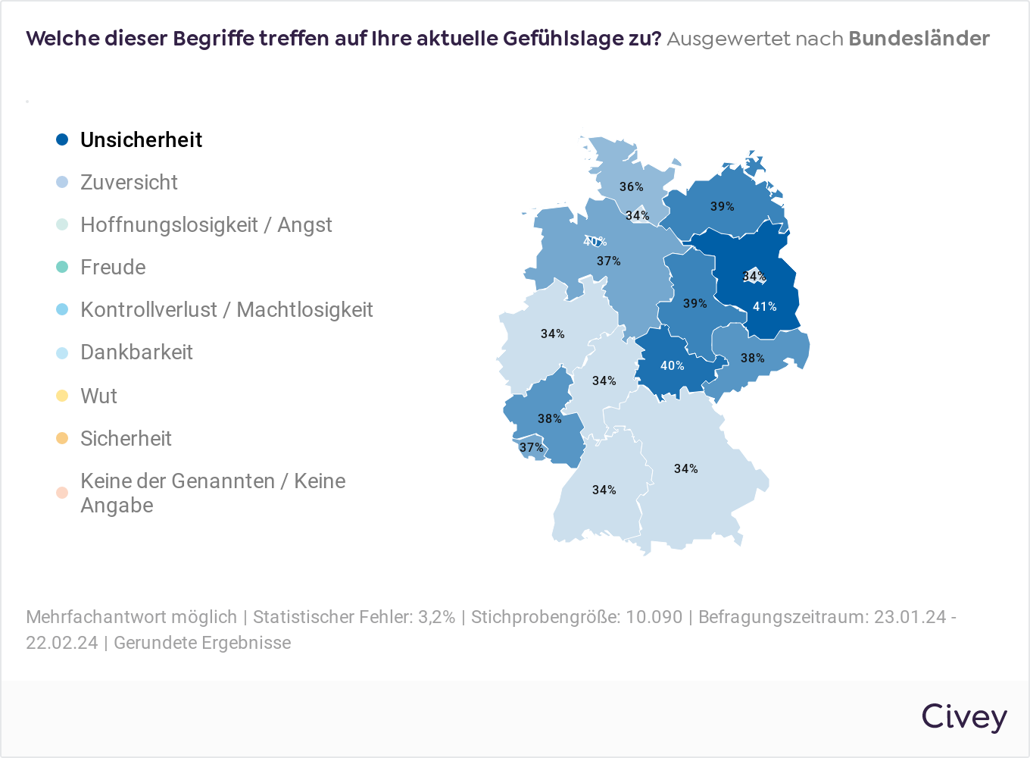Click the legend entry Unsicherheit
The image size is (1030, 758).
(x=141, y=139)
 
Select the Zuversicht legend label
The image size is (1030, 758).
(x=129, y=182)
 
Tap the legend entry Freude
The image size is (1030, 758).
(x=113, y=267)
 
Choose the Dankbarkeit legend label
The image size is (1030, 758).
(x=136, y=352)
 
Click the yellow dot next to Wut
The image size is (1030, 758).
(x=62, y=396)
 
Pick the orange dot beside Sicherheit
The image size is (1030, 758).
(x=62, y=438)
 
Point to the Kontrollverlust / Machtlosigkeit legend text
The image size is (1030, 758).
(x=226, y=309)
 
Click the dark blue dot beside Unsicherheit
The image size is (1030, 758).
(x=62, y=139)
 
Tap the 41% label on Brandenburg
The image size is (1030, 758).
(x=764, y=307)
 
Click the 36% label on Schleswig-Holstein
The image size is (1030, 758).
(x=631, y=186)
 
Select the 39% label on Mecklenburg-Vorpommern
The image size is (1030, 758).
(x=722, y=206)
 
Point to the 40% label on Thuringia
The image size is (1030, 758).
(x=672, y=365)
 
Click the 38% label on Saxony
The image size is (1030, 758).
(x=752, y=358)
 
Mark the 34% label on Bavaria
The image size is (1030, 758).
(x=685, y=468)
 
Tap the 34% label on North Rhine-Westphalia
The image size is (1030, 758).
(x=552, y=334)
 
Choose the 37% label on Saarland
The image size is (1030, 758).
(x=531, y=447)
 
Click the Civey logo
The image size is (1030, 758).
(x=963, y=717)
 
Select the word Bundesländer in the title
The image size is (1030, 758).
(x=919, y=39)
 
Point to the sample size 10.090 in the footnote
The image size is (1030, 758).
(x=654, y=617)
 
